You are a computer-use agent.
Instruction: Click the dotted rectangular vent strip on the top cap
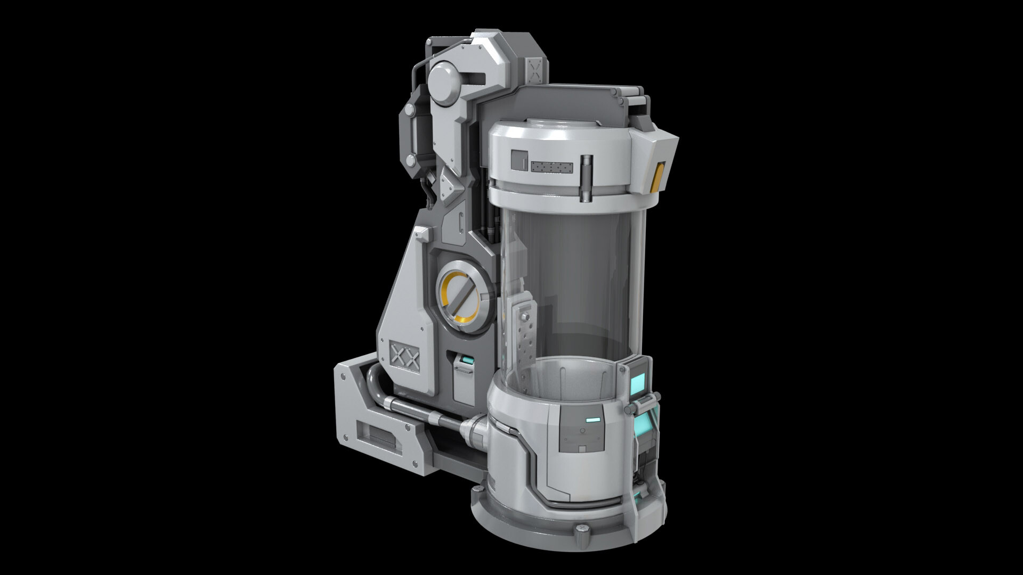click(552, 168)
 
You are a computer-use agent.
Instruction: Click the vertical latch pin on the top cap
click(586, 179)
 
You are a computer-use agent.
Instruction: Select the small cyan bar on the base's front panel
click(592, 420)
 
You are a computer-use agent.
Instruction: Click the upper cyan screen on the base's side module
click(638, 382)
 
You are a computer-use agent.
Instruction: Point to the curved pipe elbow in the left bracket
click(373, 386)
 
